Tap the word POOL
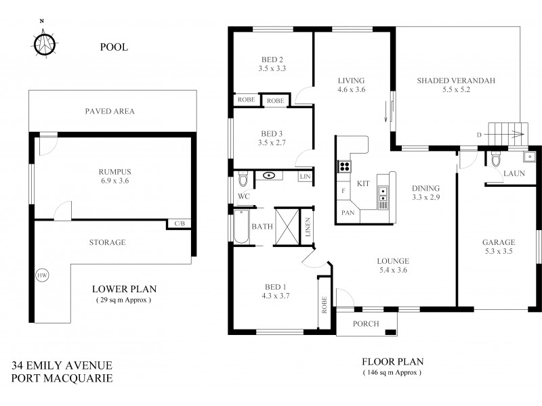[114, 47]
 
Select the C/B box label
[180, 223]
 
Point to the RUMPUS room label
[113, 172]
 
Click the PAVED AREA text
[110, 111]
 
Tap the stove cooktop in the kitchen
[344, 166]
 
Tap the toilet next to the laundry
[497, 160]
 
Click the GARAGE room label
[499, 242]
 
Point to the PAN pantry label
[348, 212]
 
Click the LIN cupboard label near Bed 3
[305, 177]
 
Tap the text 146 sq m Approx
[392, 372]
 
